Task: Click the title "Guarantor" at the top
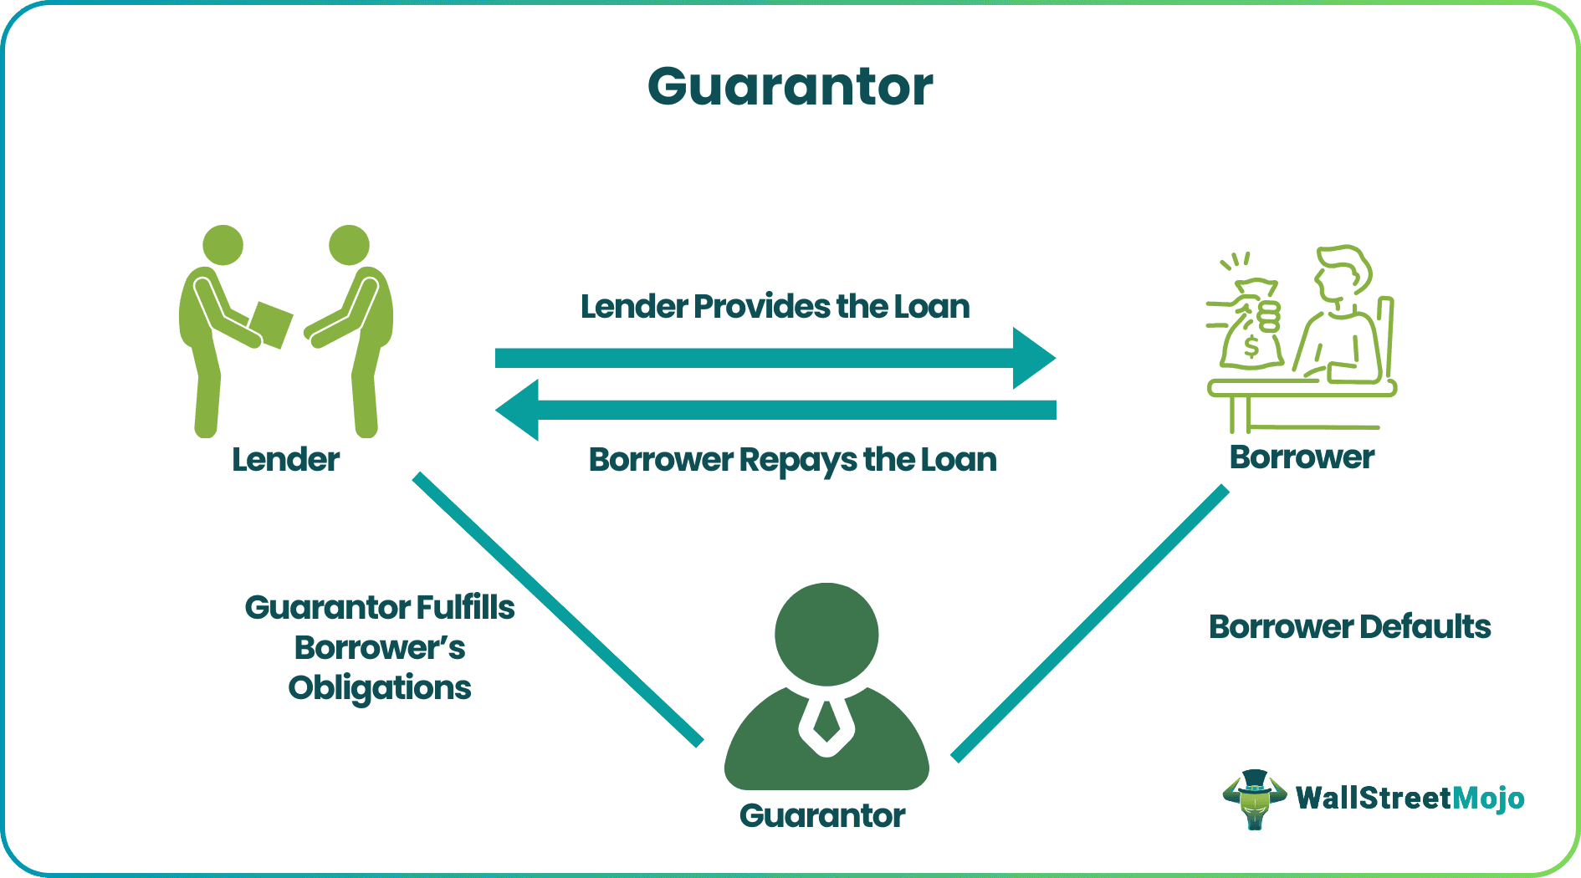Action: (x=790, y=87)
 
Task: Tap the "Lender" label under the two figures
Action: (x=285, y=460)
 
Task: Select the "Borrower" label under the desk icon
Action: (x=1302, y=457)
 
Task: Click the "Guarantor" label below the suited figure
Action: (x=822, y=815)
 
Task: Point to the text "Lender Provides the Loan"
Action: (x=775, y=307)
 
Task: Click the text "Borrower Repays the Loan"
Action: (x=792, y=460)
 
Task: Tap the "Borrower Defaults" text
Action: (x=1349, y=626)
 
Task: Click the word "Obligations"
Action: (x=380, y=688)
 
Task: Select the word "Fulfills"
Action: (x=465, y=608)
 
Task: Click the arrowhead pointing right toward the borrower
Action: (x=1033, y=358)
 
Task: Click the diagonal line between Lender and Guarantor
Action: (x=557, y=608)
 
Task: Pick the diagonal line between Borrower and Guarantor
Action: (x=1090, y=624)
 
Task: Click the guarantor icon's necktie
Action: (x=826, y=720)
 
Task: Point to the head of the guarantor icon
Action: (x=826, y=634)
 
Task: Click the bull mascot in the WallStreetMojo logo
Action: (x=1254, y=799)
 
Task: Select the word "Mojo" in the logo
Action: (x=1488, y=799)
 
